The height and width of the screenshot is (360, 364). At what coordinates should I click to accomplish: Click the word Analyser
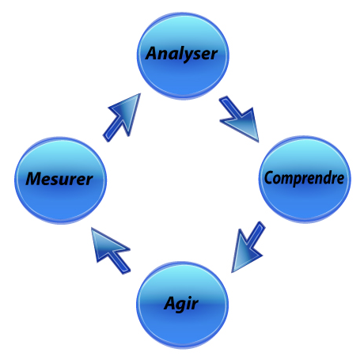click(x=181, y=54)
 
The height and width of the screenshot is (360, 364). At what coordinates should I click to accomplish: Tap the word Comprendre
click(x=304, y=178)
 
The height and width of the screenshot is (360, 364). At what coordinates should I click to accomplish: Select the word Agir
click(x=181, y=304)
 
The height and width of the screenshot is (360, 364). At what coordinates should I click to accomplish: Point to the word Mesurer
click(x=59, y=179)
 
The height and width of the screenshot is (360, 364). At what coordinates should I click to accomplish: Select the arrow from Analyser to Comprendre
click(x=239, y=119)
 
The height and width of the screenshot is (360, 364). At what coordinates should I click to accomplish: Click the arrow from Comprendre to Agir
click(x=248, y=247)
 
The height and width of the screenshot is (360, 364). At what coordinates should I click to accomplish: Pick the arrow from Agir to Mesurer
click(x=111, y=251)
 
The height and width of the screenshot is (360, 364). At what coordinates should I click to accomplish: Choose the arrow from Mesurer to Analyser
click(x=122, y=118)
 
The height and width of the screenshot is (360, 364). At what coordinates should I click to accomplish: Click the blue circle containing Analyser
click(x=183, y=55)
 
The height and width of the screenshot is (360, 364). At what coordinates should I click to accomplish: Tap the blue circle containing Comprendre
click(x=305, y=180)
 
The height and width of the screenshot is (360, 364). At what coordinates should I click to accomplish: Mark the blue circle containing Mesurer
click(x=61, y=180)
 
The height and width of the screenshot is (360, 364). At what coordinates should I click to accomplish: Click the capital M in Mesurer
click(x=34, y=179)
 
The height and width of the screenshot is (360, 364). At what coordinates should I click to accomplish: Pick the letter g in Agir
click(x=182, y=306)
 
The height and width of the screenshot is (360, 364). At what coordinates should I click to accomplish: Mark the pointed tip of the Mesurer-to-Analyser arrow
click(x=140, y=93)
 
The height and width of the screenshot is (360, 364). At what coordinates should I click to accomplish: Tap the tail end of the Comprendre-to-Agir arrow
click(x=261, y=224)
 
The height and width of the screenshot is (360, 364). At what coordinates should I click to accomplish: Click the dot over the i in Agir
click(x=192, y=297)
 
